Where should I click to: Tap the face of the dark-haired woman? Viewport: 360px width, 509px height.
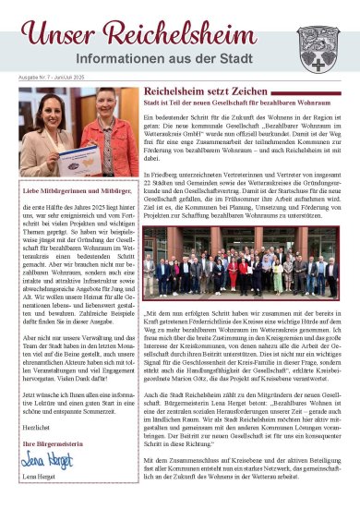(52, 119)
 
